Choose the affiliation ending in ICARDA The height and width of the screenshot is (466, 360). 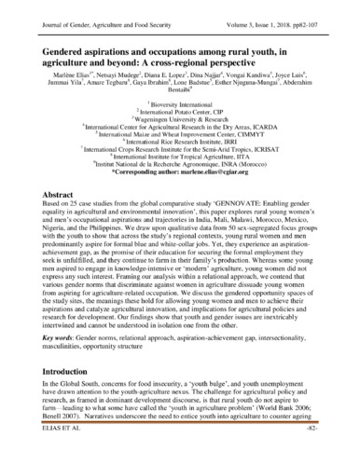pyautogui.click(x=180, y=130)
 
